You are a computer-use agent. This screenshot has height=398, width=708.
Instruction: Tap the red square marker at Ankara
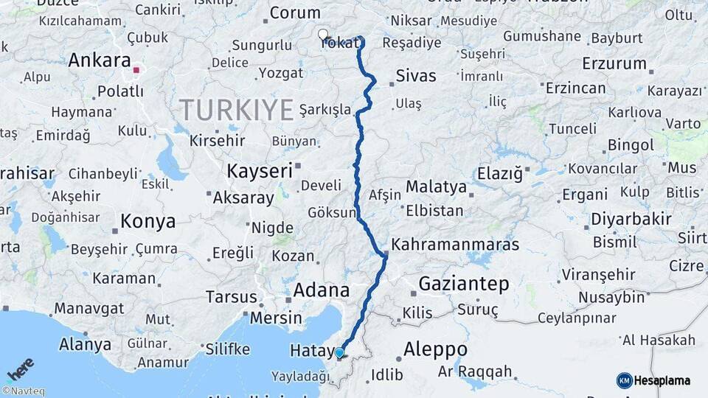click(x=136, y=71)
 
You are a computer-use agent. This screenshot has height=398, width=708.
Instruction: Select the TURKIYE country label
click(x=237, y=110)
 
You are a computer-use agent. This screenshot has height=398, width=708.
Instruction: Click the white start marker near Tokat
click(x=323, y=34)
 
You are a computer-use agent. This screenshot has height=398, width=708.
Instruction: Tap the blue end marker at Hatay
click(x=339, y=353)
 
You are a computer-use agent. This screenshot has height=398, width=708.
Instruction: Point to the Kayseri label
click(x=260, y=170)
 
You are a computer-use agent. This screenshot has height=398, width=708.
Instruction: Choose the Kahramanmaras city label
click(x=455, y=245)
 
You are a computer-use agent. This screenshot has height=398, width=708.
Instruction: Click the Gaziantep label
click(x=464, y=284)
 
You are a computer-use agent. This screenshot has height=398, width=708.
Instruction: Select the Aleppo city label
click(x=436, y=349)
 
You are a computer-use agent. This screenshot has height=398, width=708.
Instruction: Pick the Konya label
click(x=148, y=221)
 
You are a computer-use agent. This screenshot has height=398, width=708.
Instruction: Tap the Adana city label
click(x=321, y=290)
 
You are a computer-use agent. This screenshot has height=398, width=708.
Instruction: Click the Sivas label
click(x=416, y=76)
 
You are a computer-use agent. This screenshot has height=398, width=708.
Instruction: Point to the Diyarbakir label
click(x=631, y=219)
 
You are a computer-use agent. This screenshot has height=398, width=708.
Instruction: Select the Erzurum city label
click(x=614, y=63)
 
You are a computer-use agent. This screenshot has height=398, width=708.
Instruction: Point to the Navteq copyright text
click(x=23, y=391)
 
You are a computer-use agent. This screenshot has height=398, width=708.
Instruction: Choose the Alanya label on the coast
click(x=85, y=344)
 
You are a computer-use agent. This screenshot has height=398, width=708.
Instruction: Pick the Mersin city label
click(x=277, y=318)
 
